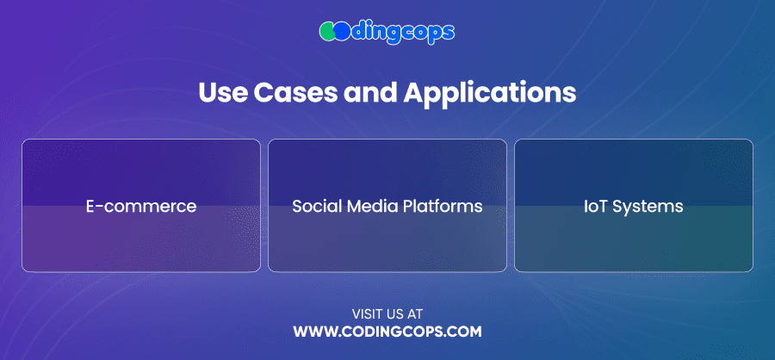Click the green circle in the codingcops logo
[x=327, y=32]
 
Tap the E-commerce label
[x=141, y=206]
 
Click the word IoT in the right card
[x=595, y=206]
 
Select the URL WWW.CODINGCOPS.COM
[x=387, y=332]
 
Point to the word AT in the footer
[x=416, y=313]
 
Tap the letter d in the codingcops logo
[x=357, y=31]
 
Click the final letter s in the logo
[x=449, y=33]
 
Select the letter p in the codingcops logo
[x=435, y=34]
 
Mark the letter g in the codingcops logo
[x=395, y=34]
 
